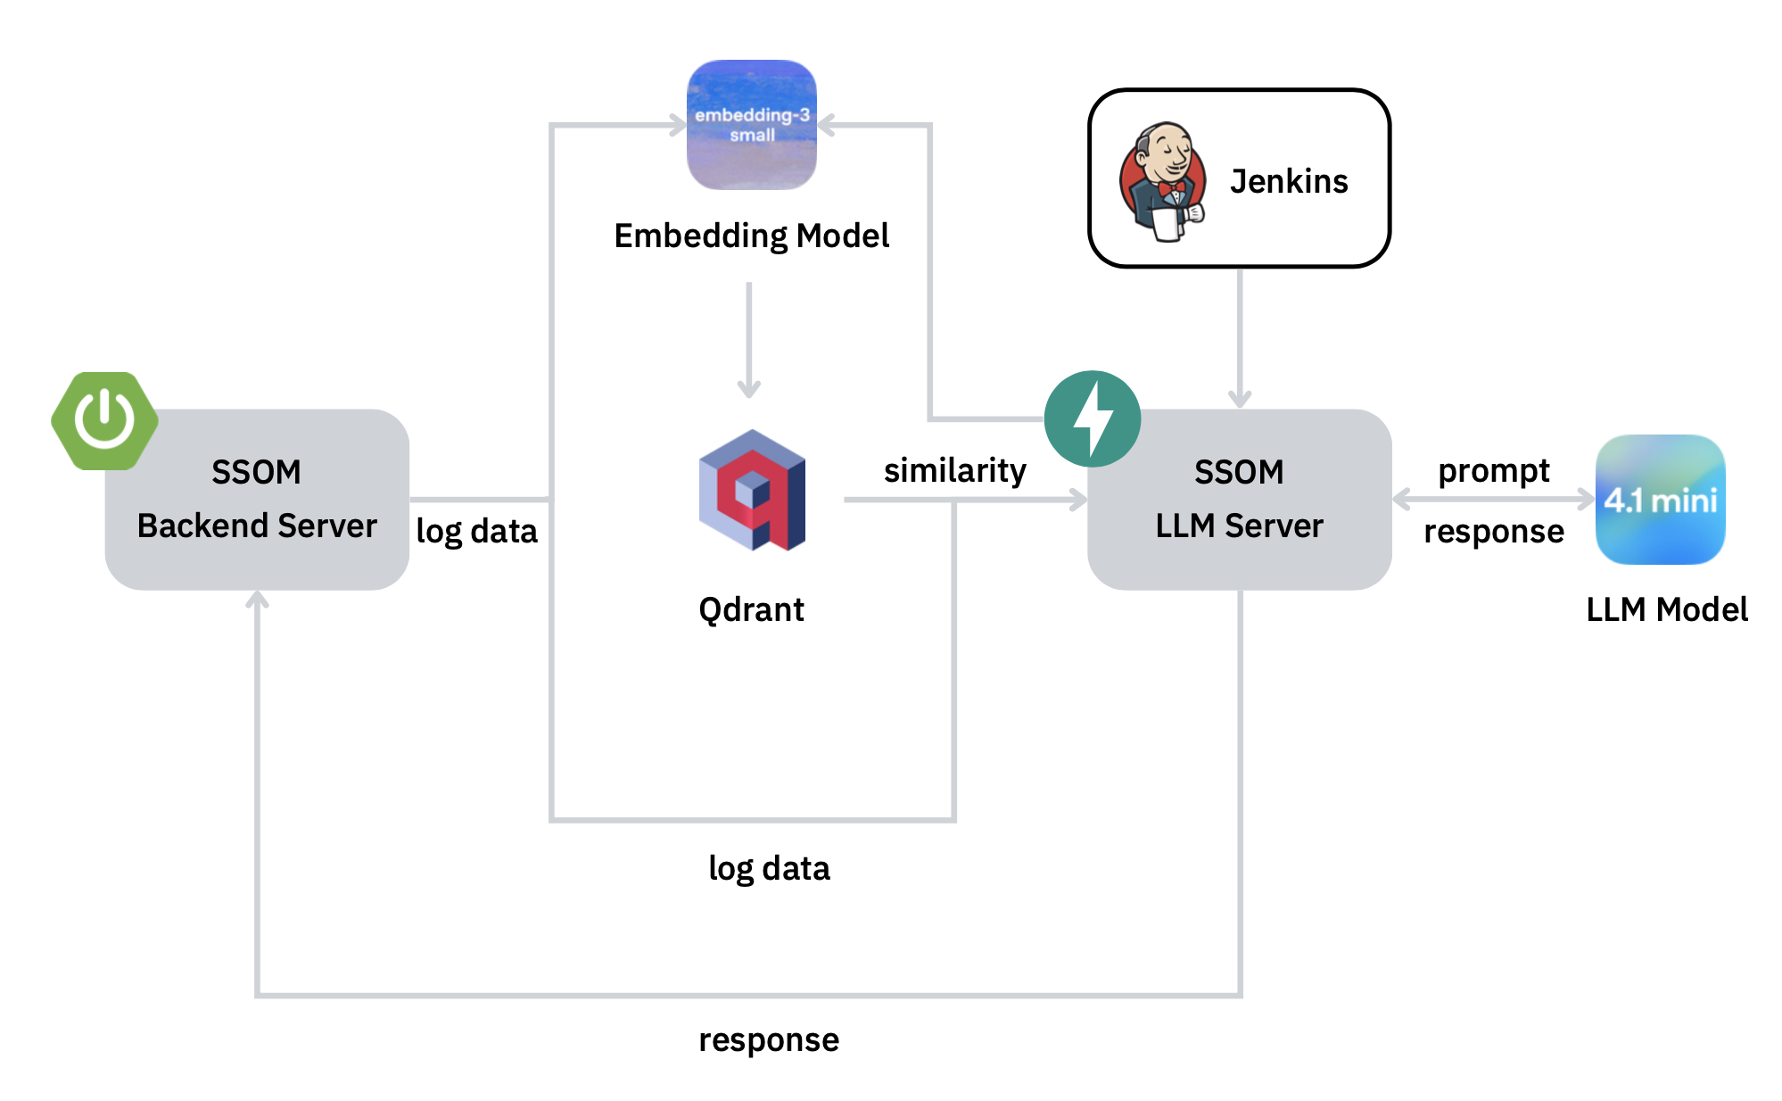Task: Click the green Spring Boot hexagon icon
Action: point(105,420)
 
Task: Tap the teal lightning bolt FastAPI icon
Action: point(1093,418)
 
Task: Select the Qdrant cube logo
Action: point(752,490)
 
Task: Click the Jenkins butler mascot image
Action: point(1163,181)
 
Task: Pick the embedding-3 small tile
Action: point(752,125)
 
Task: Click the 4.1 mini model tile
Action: point(1660,500)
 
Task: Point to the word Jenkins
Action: point(1289,181)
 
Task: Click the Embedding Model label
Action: point(752,236)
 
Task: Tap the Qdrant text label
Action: point(751,609)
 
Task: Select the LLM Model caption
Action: point(1666,609)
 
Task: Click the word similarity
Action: point(954,470)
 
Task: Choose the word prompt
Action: point(1494,470)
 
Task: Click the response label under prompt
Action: point(1494,531)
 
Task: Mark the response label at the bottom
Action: point(769,1039)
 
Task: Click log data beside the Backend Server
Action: point(477,531)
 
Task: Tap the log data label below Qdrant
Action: point(769,868)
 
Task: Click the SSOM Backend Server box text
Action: point(257,499)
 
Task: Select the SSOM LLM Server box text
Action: point(1239,499)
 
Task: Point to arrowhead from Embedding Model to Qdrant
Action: point(749,390)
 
